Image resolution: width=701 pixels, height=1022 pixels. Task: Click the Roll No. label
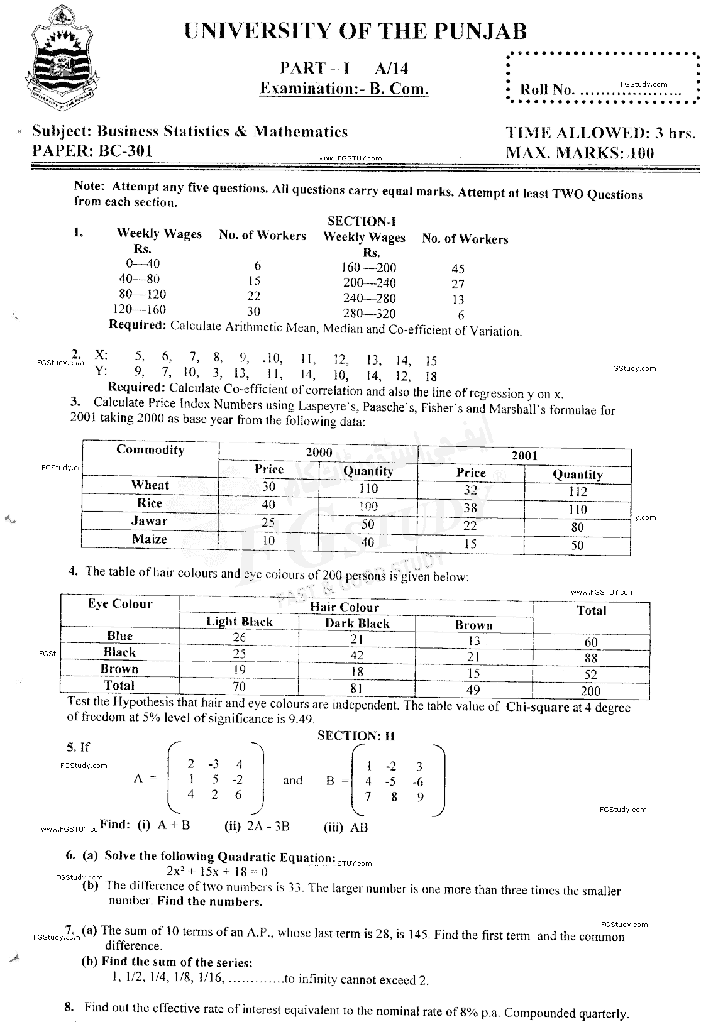coord(547,89)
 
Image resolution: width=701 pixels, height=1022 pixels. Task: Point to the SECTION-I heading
coord(361,221)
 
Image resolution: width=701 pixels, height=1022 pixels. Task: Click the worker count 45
coord(458,269)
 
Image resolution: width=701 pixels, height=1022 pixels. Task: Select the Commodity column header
coord(150,449)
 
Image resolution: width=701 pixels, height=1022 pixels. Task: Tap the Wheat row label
coord(150,485)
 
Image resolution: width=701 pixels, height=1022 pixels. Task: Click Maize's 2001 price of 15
coord(470,544)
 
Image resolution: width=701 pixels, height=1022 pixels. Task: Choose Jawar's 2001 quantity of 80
coord(577,527)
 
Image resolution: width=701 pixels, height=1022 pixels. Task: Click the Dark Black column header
coord(357,624)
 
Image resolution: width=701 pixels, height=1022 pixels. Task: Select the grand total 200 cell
coord(590,691)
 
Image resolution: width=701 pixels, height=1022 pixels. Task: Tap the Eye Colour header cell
coord(120,604)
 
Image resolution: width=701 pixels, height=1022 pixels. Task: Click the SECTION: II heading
coord(356,735)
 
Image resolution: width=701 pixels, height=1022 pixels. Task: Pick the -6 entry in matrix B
coord(417,783)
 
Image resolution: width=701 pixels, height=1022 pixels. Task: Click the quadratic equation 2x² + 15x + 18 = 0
coord(217,871)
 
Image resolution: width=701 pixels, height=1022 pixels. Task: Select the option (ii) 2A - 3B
coord(257,826)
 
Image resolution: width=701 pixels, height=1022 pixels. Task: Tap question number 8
coord(70,1007)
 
